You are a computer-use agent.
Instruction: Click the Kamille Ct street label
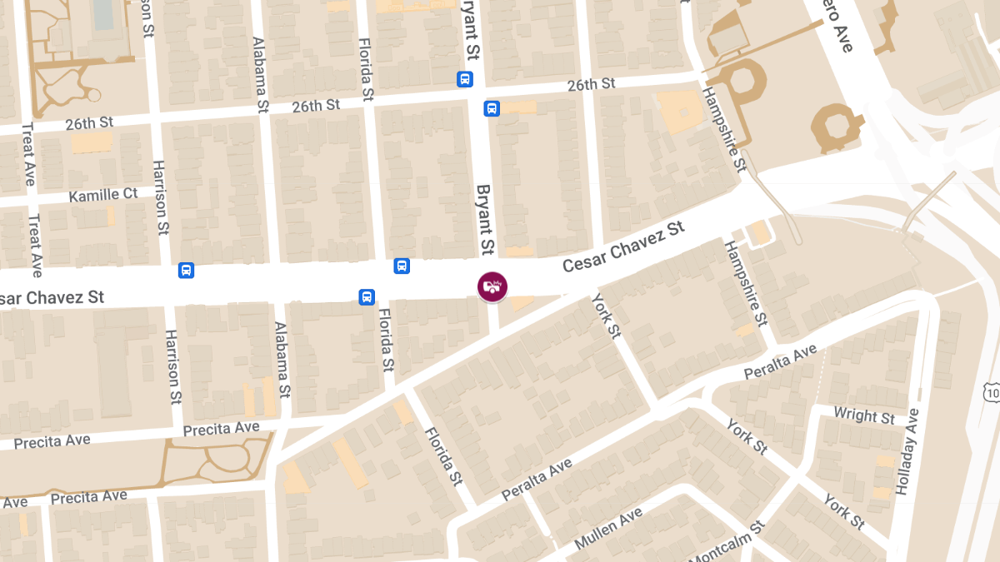(x=103, y=195)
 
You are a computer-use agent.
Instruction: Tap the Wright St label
(x=864, y=415)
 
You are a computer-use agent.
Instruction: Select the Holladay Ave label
(x=908, y=451)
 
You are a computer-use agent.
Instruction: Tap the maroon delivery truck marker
(x=492, y=286)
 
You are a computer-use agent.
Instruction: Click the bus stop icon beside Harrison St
(x=186, y=270)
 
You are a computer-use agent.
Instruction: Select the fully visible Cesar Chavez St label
(x=622, y=246)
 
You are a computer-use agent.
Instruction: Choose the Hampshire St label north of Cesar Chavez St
(x=722, y=129)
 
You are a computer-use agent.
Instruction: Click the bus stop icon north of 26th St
(x=464, y=79)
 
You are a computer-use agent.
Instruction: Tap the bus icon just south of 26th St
(x=492, y=108)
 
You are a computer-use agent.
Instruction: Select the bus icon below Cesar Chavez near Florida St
(x=367, y=296)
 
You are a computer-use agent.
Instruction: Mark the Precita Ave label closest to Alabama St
(x=221, y=428)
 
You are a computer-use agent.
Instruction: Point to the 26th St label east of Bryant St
(x=591, y=84)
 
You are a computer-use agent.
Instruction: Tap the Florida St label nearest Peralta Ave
(x=442, y=455)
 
